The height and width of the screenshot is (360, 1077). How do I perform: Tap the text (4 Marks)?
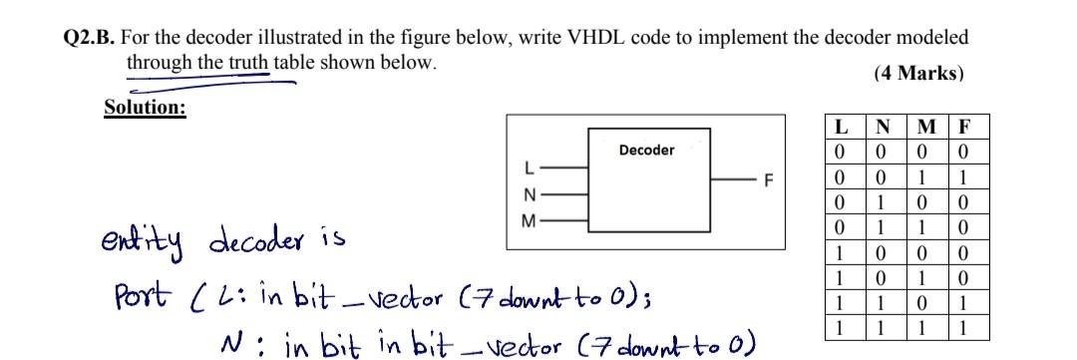pyautogui.click(x=917, y=74)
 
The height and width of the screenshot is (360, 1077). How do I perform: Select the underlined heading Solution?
pyautogui.click(x=145, y=108)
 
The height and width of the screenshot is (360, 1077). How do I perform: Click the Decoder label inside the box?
pyautogui.click(x=646, y=150)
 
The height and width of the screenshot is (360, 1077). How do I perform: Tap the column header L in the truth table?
pyautogui.click(x=843, y=128)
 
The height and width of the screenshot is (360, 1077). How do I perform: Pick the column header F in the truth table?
pyautogui.click(x=964, y=128)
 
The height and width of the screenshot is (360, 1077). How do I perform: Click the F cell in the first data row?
pyautogui.click(x=964, y=151)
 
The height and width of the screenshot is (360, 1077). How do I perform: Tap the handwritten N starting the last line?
pyautogui.click(x=231, y=344)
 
